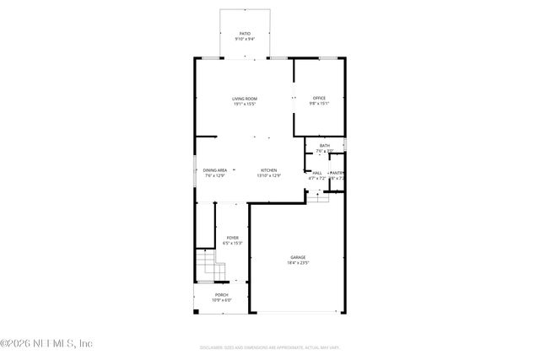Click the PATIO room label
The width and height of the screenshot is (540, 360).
(244, 34)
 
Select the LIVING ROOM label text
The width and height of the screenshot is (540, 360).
(244, 99)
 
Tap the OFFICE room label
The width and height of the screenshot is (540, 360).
(319, 99)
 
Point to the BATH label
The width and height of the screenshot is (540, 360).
(325, 146)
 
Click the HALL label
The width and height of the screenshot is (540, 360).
(317, 173)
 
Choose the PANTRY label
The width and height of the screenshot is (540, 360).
(337, 173)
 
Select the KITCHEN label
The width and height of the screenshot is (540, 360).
(268, 169)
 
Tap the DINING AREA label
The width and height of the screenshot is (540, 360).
(214, 169)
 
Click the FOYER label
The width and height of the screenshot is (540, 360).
(232, 238)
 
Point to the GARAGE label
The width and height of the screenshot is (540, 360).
(298, 257)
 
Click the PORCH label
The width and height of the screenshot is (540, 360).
(220, 295)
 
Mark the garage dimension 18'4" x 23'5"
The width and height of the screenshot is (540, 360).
(298, 263)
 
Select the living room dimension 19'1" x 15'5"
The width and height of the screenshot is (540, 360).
(244, 105)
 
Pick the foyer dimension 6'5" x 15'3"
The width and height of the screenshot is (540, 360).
(232, 244)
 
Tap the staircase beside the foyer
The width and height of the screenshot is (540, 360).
(210, 268)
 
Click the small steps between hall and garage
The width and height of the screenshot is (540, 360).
(316, 196)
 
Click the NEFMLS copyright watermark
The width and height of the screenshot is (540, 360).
(46, 343)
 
